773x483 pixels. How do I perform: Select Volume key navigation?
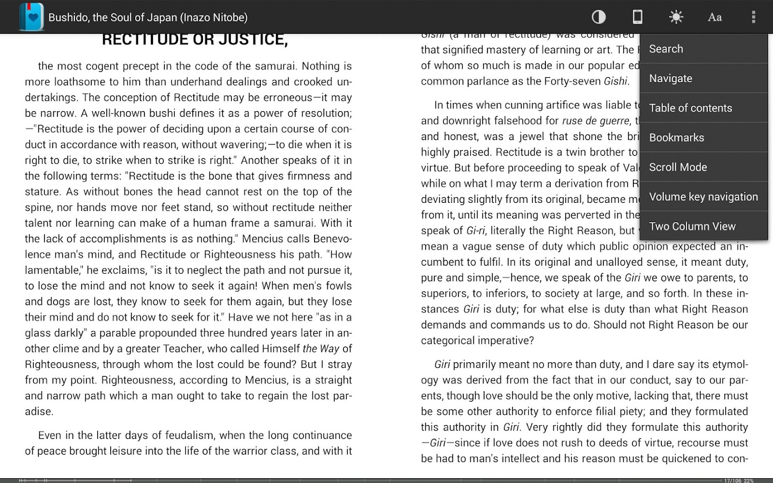pos(703,196)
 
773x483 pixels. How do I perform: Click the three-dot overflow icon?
pos(753,17)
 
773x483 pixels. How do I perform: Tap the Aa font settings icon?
pos(714,17)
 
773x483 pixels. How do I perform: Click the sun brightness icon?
pos(676,17)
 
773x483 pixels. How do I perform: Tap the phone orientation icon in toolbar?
pos(637,17)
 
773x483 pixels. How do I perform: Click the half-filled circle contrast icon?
pos(599,17)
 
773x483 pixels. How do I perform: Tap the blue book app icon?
pos(31,17)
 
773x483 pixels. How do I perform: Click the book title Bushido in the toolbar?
pos(148,17)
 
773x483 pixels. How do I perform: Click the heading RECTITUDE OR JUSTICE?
pos(194,39)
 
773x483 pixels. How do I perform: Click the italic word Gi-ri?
pos(476,231)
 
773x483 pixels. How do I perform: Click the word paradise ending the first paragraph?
pos(39,412)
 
